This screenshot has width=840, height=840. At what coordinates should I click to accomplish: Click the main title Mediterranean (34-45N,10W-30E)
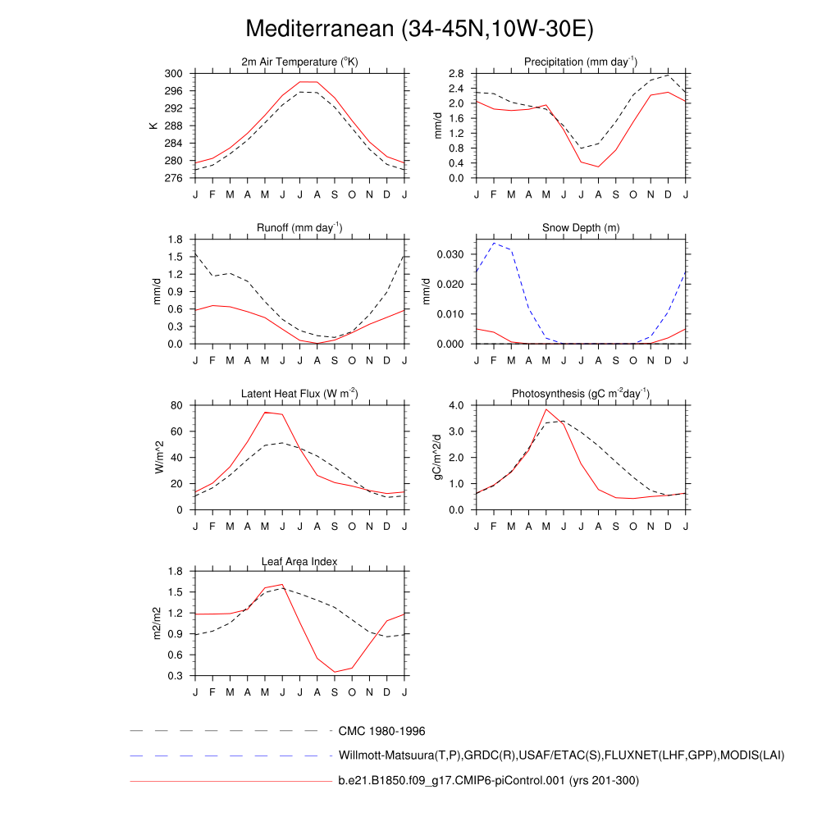tap(419, 30)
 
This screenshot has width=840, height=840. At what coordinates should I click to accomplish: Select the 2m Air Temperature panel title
tap(299, 62)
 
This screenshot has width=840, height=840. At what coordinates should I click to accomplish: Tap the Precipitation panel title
tap(581, 62)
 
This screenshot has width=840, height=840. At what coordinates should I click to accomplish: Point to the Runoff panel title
tap(299, 227)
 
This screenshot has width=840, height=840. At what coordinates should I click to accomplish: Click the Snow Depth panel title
tap(581, 227)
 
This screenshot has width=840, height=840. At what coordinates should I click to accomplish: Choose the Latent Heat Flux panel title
tap(299, 394)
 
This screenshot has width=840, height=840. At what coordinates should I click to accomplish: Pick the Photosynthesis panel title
tap(581, 394)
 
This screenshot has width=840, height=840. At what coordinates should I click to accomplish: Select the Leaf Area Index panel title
tap(299, 561)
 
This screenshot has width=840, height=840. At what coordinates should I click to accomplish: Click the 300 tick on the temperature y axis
tap(173, 74)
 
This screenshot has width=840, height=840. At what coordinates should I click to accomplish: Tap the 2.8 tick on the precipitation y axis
tap(455, 74)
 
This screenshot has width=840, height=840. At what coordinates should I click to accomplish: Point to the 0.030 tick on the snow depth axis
tap(450, 254)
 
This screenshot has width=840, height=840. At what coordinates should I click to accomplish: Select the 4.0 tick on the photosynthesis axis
tap(455, 405)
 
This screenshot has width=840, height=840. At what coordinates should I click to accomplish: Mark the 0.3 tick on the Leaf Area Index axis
tap(175, 676)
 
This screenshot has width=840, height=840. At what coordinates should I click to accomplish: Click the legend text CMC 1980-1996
tap(381, 731)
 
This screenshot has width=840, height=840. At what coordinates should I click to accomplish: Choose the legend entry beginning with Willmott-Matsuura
tap(561, 756)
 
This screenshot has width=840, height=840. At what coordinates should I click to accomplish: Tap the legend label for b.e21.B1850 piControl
tap(488, 780)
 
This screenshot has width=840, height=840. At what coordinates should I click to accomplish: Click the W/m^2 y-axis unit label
tap(160, 457)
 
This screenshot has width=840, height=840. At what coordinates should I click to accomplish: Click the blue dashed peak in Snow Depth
tap(494, 243)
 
